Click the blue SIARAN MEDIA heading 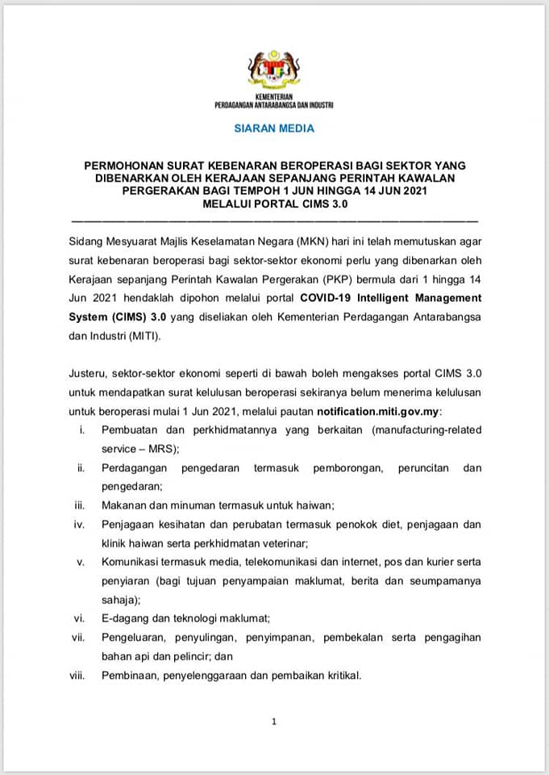(274, 128)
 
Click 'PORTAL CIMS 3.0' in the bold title (310, 204)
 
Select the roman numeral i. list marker (82, 431)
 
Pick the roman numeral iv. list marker (80, 525)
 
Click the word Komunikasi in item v (131, 562)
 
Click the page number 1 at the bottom (274, 722)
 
